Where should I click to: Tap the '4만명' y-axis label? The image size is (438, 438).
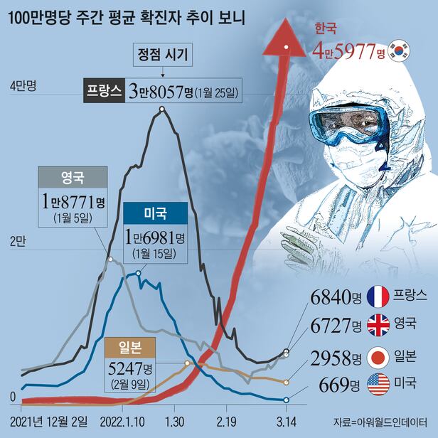pos(23,85)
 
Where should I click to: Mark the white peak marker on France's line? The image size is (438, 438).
pos(162,109)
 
